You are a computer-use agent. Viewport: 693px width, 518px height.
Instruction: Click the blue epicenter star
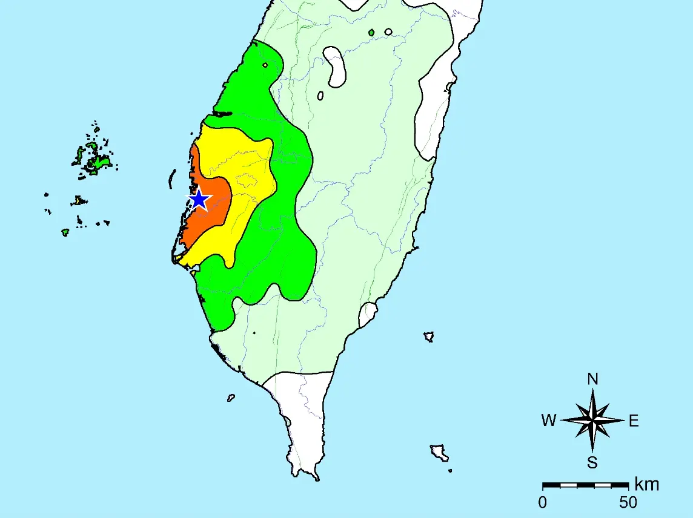click(199, 199)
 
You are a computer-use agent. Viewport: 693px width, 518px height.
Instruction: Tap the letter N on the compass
click(593, 379)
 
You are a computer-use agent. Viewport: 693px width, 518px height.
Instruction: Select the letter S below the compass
click(592, 463)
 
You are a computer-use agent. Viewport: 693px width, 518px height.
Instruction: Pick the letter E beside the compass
click(634, 421)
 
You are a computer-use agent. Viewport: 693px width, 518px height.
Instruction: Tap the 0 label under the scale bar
click(543, 502)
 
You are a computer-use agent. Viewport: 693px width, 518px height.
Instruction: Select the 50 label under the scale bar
click(628, 502)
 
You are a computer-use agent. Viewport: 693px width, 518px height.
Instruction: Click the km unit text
click(646, 484)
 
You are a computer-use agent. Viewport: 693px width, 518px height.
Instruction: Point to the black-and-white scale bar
click(585, 485)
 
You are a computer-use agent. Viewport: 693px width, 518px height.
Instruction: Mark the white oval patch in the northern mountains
click(336, 65)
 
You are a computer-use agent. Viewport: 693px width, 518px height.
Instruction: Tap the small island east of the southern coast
click(429, 336)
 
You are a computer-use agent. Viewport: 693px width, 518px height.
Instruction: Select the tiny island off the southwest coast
click(231, 398)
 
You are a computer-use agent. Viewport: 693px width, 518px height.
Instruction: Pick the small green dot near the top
click(371, 32)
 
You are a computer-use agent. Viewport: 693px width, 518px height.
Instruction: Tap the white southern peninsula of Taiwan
click(303, 418)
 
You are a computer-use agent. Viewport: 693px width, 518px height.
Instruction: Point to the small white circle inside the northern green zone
click(265, 65)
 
